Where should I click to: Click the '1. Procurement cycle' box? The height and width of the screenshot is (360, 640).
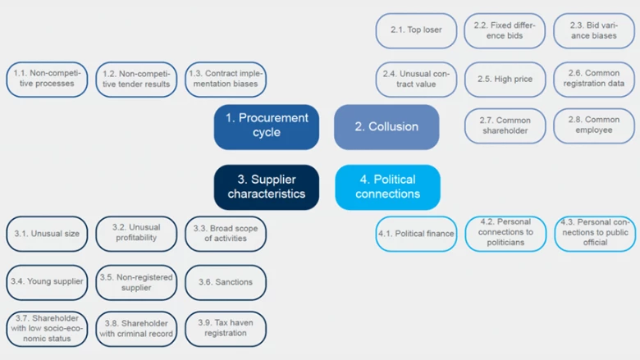tap(267, 126)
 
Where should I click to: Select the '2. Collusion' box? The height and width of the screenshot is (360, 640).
tap(386, 126)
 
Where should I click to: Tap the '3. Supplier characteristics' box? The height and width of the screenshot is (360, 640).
tap(267, 187)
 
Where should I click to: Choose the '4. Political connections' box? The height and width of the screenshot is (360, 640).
tap(387, 187)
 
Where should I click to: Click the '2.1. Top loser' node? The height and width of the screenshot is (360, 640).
tap(416, 30)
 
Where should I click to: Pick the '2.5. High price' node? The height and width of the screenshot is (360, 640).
tap(505, 80)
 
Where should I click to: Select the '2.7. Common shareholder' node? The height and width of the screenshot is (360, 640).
tap(505, 125)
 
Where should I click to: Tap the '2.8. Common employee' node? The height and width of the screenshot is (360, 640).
tap(594, 125)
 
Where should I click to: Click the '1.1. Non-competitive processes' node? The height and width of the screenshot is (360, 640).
tap(48, 79)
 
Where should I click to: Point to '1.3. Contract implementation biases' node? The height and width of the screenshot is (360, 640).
tap(226, 79)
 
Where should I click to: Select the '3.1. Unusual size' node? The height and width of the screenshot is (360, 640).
tap(48, 234)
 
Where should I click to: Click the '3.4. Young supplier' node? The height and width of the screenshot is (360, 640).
tap(48, 282)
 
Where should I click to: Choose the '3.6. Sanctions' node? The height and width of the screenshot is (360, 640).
tap(226, 282)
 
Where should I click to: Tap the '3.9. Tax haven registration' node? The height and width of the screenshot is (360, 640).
tap(226, 328)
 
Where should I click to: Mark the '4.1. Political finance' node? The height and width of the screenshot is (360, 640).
tap(416, 234)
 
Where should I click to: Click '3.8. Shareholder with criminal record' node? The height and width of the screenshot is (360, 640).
tap(136, 328)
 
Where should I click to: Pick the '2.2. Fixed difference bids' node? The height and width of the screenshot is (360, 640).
tap(505, 30)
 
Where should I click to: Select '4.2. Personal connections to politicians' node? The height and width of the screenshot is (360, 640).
tap(505, 233)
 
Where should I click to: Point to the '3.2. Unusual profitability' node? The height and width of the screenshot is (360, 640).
tap(136, 234)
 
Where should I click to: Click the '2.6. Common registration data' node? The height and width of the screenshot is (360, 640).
tap(594, 79)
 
